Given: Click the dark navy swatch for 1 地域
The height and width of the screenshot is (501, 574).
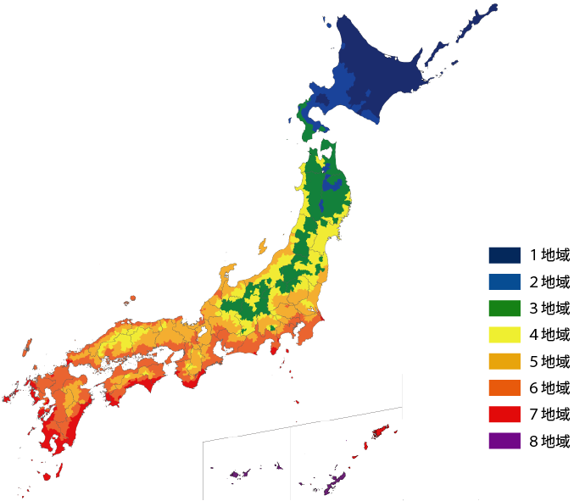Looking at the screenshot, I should [504, 255].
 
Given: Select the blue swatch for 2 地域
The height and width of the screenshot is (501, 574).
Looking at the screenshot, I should [504, 281].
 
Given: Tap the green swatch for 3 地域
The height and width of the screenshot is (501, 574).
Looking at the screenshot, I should [504, 308].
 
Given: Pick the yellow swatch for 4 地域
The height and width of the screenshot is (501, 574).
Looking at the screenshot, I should [504, 334].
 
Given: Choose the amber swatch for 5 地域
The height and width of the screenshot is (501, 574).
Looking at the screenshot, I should [504, 361].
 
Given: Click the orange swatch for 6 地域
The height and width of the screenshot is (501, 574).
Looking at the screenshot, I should [504, 387].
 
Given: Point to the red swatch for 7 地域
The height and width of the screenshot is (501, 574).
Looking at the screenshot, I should [504, 414].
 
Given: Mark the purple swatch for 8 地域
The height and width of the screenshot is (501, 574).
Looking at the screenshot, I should [504, 440].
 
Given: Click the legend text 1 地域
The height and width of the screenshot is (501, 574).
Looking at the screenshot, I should [550, 255].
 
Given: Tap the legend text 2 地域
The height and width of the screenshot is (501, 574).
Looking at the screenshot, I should [550, 281].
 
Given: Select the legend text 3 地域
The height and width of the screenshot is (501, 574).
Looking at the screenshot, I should [550, 308].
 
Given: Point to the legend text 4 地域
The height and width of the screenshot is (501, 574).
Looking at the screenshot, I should [550, 334].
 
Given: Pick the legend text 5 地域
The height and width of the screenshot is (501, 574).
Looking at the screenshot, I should [550, 361].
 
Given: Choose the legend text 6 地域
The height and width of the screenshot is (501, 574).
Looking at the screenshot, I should [550, 387].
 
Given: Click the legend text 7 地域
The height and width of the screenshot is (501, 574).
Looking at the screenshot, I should [550, 414].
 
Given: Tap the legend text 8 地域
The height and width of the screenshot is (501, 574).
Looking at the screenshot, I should [550, 440].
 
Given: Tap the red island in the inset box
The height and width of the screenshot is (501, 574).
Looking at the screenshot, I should [380, 431].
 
